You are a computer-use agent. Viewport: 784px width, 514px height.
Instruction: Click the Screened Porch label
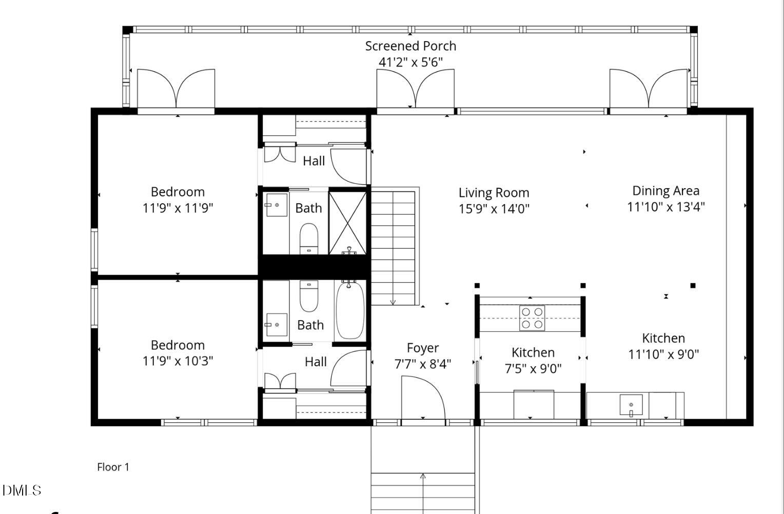[x=410, y=46]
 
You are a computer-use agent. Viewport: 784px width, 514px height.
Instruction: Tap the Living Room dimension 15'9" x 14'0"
[x=494, y=209]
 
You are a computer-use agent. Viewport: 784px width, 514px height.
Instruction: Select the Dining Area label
[x=665, y=191]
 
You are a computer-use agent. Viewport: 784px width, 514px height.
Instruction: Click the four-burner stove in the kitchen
[x=532, y=318]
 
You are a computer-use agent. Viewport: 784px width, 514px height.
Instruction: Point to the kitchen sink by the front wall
[x=631, y=405]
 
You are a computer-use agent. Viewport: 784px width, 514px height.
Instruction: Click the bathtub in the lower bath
[x=350, y=311]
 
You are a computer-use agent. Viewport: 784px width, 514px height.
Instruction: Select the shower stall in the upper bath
[x=347, y=223]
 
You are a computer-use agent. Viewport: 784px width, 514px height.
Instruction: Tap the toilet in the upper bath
[x=308, y=239]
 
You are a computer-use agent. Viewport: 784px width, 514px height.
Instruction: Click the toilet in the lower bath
[x=308, y=296]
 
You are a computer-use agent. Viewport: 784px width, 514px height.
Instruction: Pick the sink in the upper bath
[x=276, y=205]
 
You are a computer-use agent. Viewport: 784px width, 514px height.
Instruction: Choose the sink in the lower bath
[x=276, y=325]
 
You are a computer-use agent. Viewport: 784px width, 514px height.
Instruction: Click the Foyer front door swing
[x=422, y=398]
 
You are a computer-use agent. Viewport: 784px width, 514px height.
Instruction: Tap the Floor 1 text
[x=113, y=467]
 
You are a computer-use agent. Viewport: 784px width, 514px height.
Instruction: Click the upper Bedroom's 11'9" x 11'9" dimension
[x=178, y=208]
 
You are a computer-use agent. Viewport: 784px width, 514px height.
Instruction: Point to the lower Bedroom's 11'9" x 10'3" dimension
[x=178, y=361]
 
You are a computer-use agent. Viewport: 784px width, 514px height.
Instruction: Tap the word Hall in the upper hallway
[x=313, y=161]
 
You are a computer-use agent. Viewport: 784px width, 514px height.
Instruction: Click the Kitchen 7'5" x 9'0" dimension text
[x=533, y=368]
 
